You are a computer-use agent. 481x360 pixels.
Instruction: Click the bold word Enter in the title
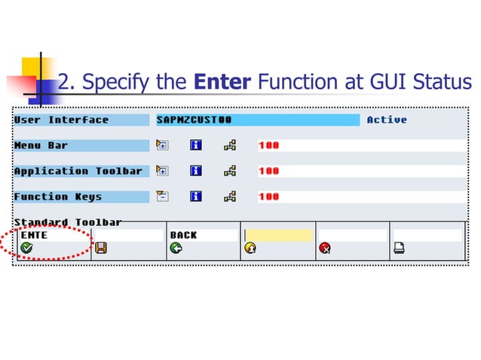click(x=222, y=81)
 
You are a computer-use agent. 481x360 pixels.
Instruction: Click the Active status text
click(x=387, y=121)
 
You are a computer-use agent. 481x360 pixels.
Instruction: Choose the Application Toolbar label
click(x=78, y=171)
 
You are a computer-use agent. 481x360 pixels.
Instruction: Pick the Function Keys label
click(x=57, y=197)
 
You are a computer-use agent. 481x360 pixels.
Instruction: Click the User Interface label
click(x=61, y=121)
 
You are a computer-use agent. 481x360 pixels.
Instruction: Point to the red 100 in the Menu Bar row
click(x=269, y=145)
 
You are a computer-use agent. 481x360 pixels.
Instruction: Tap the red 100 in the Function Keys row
click(x=269, y=197)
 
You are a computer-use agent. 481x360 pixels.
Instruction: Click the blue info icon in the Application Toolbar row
click(x=196, y=171)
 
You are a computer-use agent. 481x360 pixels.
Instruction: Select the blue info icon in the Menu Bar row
click(x=196, y=145)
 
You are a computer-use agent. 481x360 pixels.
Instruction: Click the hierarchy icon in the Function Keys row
click(x=230, y=197)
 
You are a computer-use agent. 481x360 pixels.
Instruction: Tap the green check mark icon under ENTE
click(x=27, y=248)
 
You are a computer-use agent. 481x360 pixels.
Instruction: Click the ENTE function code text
click(x=35, y=235)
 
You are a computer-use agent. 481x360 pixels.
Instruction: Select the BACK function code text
click(x=183, y=235)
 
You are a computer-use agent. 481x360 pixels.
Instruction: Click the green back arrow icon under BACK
click(x=176, y=248)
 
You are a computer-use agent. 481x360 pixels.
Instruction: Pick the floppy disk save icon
click(x=100, y=248)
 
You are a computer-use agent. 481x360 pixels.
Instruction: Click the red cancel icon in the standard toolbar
click(x=324, y=248)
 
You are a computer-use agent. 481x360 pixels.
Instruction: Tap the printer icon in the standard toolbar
click(x=399, y=248)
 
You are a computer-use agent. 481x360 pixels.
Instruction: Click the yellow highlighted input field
click(x=277, y=235)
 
